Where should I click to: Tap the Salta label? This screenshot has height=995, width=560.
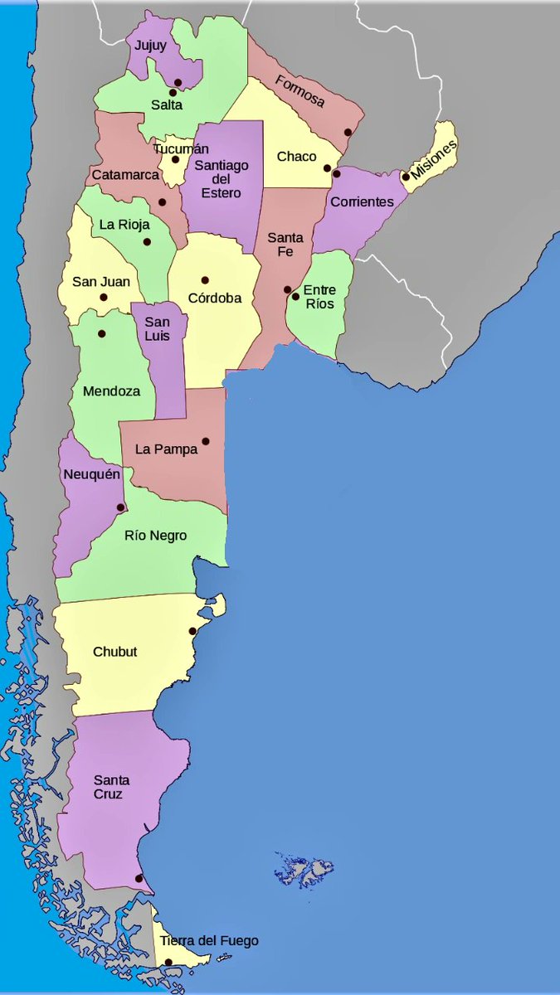coord(167,105)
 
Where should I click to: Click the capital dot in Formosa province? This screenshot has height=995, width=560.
coord(348,133)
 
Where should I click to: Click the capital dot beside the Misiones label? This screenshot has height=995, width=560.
coord(406,176)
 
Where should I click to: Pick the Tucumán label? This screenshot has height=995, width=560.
coord(180,148)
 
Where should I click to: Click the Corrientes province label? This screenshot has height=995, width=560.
coord(362,201)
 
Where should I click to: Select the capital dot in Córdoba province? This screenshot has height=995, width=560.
coord(205,280)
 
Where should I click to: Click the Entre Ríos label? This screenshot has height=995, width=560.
coord(319,297)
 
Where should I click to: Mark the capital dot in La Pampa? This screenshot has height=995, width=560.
coord(206,441)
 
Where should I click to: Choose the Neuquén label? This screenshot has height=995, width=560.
coord(92,475)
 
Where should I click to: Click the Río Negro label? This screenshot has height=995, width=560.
coord(155,536)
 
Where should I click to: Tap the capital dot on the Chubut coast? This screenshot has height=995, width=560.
coord(192,632)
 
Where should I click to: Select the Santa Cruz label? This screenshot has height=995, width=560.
coord(110,787)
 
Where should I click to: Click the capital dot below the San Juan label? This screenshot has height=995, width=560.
coord(104,297)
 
